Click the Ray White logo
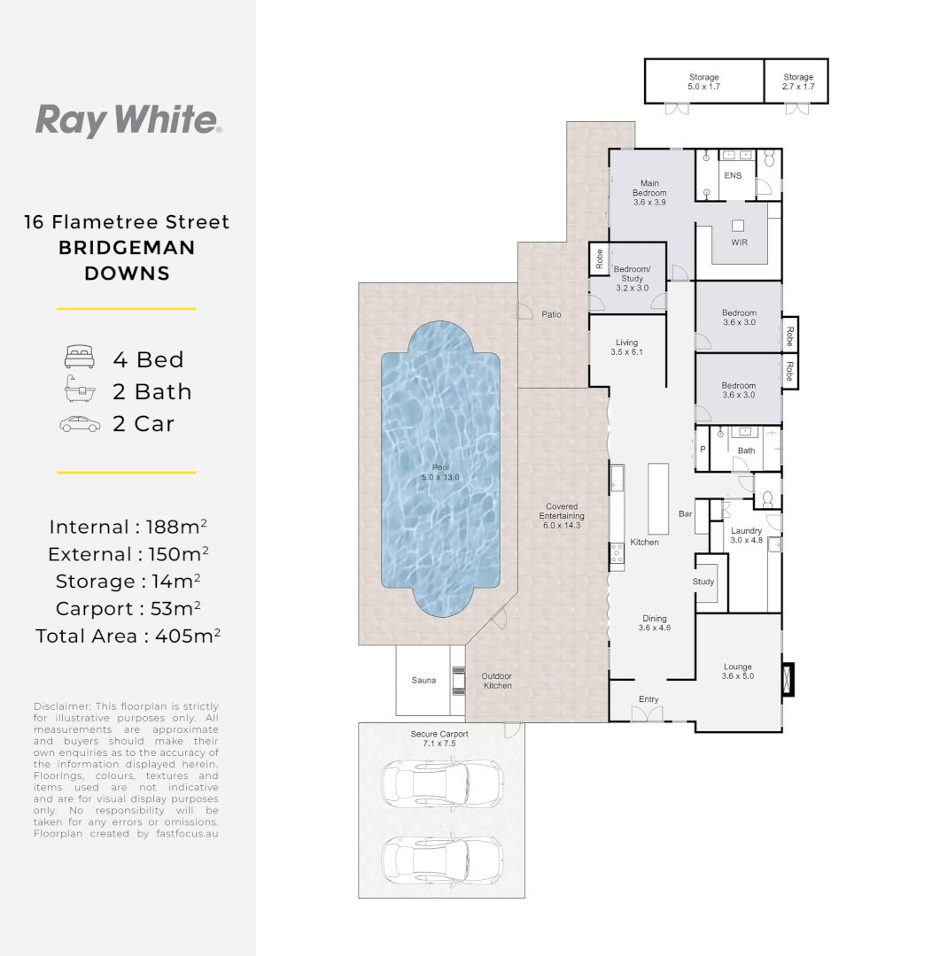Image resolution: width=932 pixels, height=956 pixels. pos(128,120)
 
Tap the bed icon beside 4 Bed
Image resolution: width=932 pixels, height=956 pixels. pos(78,358)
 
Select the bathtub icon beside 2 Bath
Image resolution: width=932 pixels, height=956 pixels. pos(78,390)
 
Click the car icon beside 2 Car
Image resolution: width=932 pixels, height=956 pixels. pos(80,424)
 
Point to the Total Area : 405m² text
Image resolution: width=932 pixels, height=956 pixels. pos(128,636)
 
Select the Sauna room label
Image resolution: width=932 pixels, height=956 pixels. pos(423,681)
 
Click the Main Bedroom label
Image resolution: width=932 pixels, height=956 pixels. pos(649,193)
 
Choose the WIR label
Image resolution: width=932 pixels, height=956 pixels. pos(740,241)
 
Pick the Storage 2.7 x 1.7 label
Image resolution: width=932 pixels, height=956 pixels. pos(797,82)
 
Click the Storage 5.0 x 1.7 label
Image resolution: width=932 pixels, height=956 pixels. pos(704,82)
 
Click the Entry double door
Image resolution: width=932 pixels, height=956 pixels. pos(648,712)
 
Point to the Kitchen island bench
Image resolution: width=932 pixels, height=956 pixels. pos(657,497)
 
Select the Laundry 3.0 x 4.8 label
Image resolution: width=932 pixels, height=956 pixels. pos(746,535)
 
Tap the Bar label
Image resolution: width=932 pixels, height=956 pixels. pos(685,513)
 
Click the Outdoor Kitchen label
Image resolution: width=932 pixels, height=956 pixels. pos(497,681)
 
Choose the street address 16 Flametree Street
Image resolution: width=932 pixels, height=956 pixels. pos(127,222)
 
